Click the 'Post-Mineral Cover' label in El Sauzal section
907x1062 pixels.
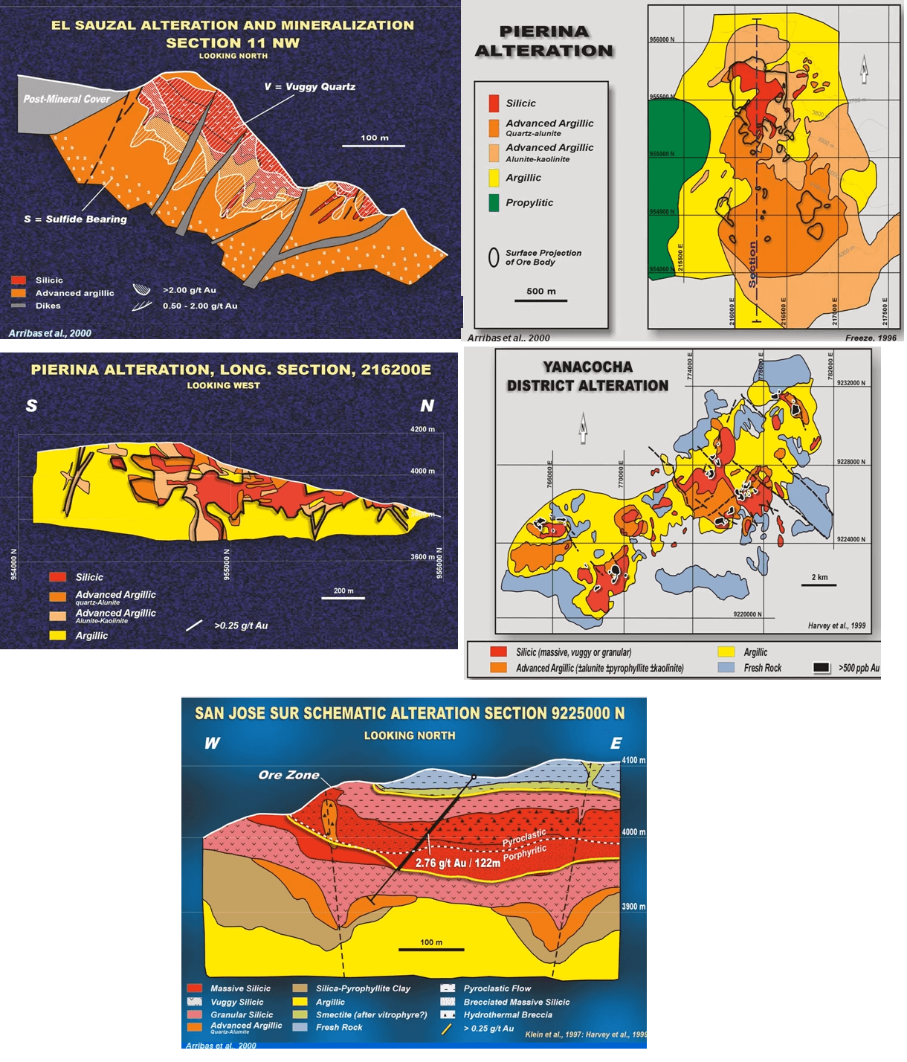click(66, 99)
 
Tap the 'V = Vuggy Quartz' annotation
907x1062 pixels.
click(309, 87)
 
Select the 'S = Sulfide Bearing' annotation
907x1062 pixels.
click(75, 219)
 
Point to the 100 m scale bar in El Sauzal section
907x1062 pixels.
click(374, 145)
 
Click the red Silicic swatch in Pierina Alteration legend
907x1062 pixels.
click(494, 103)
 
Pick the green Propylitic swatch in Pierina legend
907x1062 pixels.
click(494, 202)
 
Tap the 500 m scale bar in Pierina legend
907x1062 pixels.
click(540, 300)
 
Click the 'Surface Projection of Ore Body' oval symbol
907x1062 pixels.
click(493, 257)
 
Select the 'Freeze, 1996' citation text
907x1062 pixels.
click(871, 338)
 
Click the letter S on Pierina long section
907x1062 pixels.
click(31, 406)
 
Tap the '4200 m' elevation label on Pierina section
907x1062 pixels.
click(422, 429)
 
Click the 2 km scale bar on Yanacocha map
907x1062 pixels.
click(819, 585)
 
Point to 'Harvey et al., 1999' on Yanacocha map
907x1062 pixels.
click(836, 625)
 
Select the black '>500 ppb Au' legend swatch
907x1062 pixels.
click(821, 668)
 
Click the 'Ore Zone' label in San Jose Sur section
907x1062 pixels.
click(288, 775)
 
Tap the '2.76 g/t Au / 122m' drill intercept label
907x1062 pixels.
click(457, 863)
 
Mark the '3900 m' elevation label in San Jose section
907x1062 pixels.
click(633, 907)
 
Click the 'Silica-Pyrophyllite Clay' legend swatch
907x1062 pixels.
click(300, 988)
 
